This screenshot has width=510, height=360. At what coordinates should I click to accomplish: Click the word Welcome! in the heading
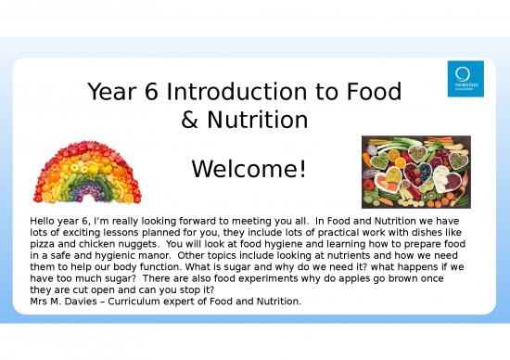click(248, 171)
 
